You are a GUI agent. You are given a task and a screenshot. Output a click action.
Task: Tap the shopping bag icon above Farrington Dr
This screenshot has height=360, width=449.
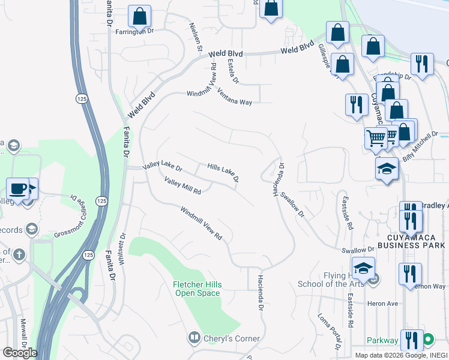(x=139, y=17)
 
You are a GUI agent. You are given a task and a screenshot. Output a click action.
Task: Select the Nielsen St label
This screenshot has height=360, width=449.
(x=196, y=37)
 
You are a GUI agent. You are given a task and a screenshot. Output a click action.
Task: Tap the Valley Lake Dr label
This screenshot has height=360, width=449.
(x=161, y=167)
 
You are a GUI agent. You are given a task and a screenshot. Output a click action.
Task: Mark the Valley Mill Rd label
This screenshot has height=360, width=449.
(x=182, y=186)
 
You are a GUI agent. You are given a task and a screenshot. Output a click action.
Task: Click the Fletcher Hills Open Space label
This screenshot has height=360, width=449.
(x=197, y=289)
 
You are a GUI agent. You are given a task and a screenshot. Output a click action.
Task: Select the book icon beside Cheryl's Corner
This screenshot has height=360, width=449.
(x=194, y=338)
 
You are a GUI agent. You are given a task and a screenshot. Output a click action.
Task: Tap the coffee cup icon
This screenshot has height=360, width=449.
(x=18, y=189)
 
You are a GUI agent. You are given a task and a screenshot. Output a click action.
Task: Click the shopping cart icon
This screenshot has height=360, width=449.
(x=376, y=138)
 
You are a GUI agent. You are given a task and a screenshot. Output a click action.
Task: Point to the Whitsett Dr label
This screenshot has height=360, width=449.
(x=122, y=247)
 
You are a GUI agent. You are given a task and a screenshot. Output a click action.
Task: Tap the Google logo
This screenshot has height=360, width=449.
(x=20, y=353)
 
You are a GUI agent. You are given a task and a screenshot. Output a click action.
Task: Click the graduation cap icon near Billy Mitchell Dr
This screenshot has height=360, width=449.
(x=387, y=169)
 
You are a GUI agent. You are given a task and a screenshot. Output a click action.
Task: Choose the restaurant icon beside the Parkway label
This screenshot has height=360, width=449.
(x=411, y=340)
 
